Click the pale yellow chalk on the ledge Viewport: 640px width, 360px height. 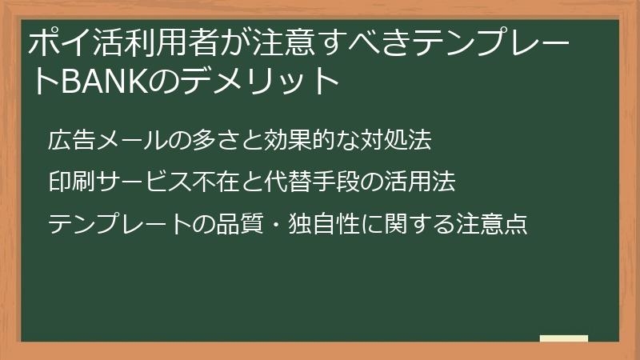563,338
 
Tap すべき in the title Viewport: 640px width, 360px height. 360,44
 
